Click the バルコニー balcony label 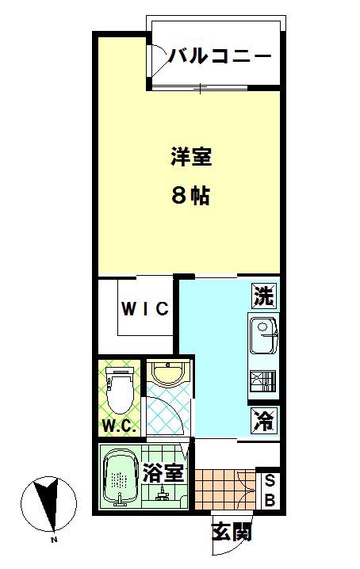pyautogui.click(x=220, y=56)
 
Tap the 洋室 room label pyautogui.click(x=191, y=156)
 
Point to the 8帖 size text pyautogui.click(x=191, y=196)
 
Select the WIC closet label pyautogui.click(x=145, y=309)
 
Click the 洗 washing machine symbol pyautogui.click(x=264, y=296)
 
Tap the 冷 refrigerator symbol pyautogui.click(x=264, y=421)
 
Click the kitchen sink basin pyautogui.click(x=263, y=334)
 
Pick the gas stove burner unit pyautogui.click(x=262, y=381)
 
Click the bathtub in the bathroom pyautogui.click(x=121, y=477)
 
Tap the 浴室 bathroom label pyautogui.click(x=163, y=472)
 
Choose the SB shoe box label pyautogui.click(x=270, y=491)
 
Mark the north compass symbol pyautogui.click(x=48, y=504)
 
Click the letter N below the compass pyautogui.click(x=53, y=540)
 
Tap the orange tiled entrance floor pyautogui.click(x=225, y=490)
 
